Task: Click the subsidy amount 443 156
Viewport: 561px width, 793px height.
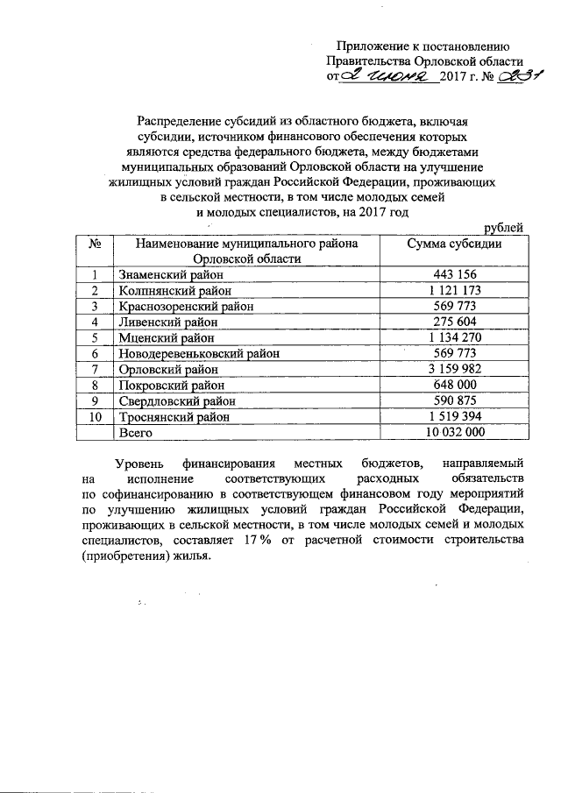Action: pos(453,274)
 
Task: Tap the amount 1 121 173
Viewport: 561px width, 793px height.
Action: pos(453,290)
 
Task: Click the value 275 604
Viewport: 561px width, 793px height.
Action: pos(453,322)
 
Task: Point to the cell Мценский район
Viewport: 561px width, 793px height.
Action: pos(160,337)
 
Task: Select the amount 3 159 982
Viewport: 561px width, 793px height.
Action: pos(453,369)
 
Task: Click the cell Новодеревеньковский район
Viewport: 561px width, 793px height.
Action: pos(199,353)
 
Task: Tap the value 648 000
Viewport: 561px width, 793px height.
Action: pos(453,385)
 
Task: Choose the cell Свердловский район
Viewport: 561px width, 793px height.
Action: pos(172,401)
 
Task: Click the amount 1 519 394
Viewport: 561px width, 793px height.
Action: pos(453,417)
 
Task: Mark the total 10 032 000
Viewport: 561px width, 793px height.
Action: pos(453,433)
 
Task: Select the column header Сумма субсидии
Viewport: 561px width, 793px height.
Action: pos(454,244)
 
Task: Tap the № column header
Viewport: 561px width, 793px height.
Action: pos(97,244)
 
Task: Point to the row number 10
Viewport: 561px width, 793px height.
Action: pos(97,417)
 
